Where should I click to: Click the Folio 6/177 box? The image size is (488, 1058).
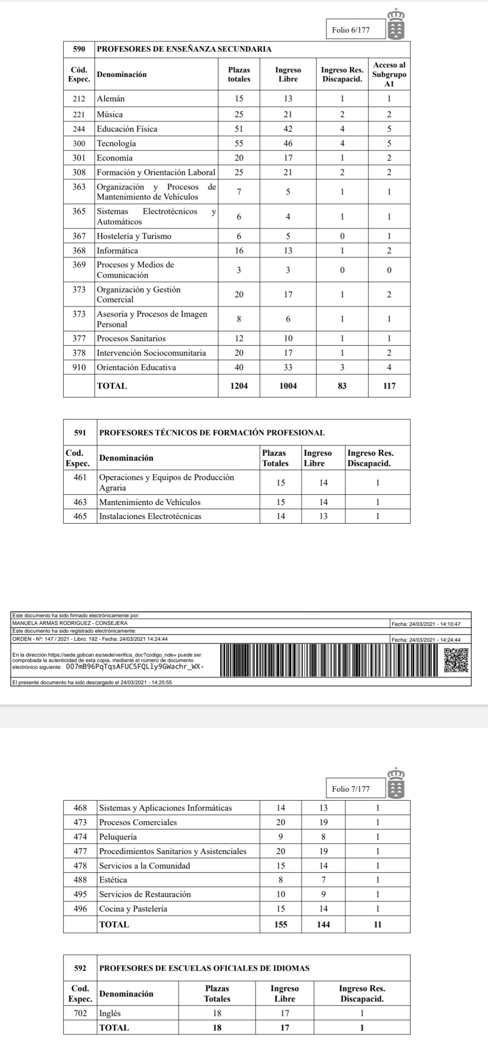[x=351, y=30]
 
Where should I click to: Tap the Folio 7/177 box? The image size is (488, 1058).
[x=351, y=789]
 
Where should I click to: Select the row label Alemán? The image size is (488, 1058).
[x=111, y=99]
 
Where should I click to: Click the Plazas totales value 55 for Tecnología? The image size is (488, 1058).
[x=239, y=143]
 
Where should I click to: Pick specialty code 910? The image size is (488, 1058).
[x=79, y=367]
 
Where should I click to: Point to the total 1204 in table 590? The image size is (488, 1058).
[x=239, y=386]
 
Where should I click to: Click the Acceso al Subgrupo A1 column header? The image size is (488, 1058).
[x=389, y=75]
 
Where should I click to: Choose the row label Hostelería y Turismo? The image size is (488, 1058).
[x=134, y=236]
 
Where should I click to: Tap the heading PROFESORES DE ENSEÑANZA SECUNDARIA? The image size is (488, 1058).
[x=184, y=49]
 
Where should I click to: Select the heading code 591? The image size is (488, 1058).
[x=80, y=433]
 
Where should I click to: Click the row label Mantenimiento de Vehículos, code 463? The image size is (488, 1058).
[x=150, y=502]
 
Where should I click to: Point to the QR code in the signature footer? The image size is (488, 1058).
[x=456, y=660]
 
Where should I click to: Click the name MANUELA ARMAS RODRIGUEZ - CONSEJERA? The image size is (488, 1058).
[x=70, y=623]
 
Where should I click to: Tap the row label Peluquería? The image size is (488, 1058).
[x=118, y=836]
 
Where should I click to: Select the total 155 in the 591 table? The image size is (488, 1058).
[x=281, y=925]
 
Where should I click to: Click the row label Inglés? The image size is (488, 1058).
[x=110, y=1013]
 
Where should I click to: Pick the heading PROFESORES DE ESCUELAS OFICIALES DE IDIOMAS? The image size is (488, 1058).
[x=204, y=968]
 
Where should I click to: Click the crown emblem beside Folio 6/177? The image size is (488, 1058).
[x=396, y=24]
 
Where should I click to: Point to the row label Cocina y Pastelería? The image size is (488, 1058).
[x=133, y=908]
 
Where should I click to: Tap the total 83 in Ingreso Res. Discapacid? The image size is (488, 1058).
[x=342, y=386]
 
